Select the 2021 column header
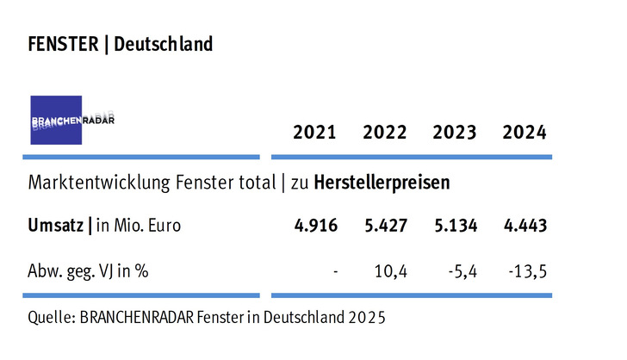[x=314, y=133]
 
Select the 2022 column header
[x=385, y=133]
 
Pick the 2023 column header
[x=455, y=133]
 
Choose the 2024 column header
[x=524, y=133]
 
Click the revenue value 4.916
[x=314, y=226]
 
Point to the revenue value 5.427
[x=385, y=226]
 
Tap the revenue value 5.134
[x=455, y=226]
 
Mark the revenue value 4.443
[x=524, y=226]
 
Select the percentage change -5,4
[x=460, y=271]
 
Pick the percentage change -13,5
[x=526, y=271]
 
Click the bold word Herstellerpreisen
[x=382, y=183]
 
